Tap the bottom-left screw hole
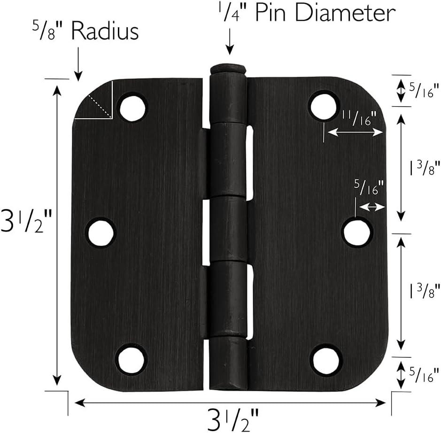[131, 359]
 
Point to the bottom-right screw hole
[325, 359]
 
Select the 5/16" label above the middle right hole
[369, 189]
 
